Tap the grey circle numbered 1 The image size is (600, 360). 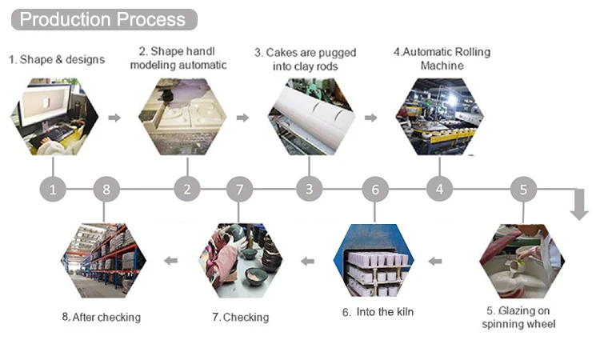coord(53,190)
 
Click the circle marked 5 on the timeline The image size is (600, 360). coord(523,190)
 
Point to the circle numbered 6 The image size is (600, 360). coord(375,190)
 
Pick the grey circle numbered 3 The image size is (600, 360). coord(309,190)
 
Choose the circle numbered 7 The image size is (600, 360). coord(239,190)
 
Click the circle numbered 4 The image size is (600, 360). coord(439,190)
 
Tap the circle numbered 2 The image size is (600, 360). coord(187,190)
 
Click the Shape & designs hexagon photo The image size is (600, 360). coord(53,117)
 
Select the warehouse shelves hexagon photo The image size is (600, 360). coord(104,261)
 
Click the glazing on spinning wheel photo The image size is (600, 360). coord(522,261)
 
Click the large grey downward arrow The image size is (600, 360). coord(578,204)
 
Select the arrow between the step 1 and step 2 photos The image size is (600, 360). coord(114,118)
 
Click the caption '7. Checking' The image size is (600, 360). coord(240,318)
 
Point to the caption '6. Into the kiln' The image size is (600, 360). coord(378,312)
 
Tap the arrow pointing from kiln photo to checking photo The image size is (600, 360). coord(307,260)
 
